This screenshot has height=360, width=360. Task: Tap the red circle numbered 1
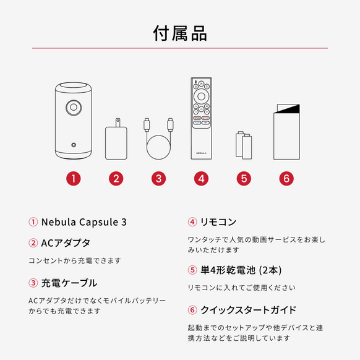coord(74,178)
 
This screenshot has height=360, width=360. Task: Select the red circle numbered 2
coord(116,178)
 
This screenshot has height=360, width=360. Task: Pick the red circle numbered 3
coord(159,178)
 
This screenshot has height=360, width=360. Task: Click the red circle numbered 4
coord(201,178)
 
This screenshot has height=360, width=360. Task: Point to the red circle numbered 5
coord(244,178)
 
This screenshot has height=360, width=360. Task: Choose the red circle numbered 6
coord(285,178)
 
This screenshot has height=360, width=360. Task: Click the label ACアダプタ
coord(66,242)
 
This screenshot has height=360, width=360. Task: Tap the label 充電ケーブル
coord(69,283)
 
